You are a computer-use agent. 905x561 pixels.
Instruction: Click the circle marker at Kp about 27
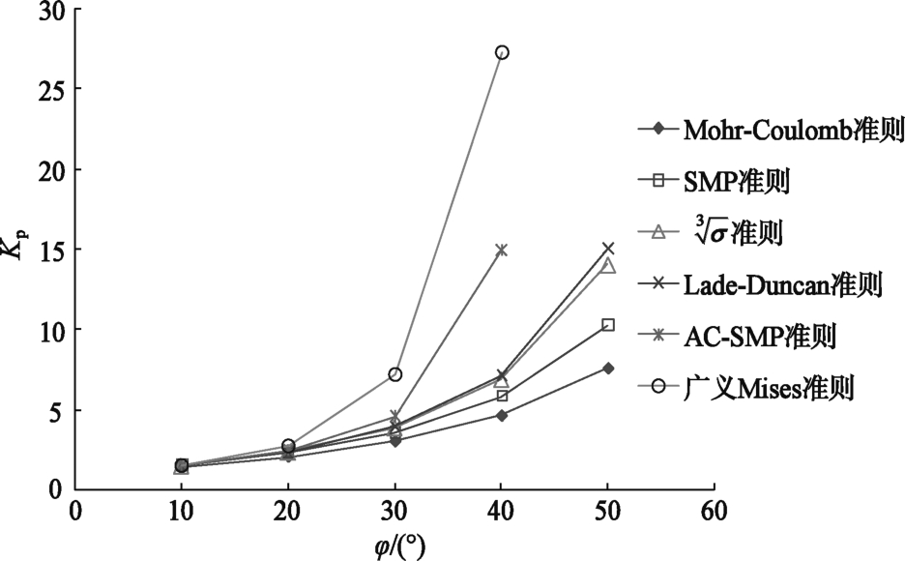coord(502,52)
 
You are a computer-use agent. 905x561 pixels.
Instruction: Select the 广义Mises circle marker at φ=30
coord(394,374)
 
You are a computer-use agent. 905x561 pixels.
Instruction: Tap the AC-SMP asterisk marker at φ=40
coord(502,250)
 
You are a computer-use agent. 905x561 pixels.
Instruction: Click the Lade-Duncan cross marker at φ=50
coord(608,249)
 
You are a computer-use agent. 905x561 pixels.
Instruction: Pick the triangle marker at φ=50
coord(608,265)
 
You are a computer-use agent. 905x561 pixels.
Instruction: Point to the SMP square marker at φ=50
coord(608,325)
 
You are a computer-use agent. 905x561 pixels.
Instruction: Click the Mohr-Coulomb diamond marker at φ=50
coord(608,368)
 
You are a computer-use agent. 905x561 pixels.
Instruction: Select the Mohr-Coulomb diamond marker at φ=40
coord(502,415)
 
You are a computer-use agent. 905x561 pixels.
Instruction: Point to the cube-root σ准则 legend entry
coord(741,232)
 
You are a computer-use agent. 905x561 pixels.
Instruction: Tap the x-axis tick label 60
coord(714,510)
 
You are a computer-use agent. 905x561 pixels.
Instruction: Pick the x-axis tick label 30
coord(394,510)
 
